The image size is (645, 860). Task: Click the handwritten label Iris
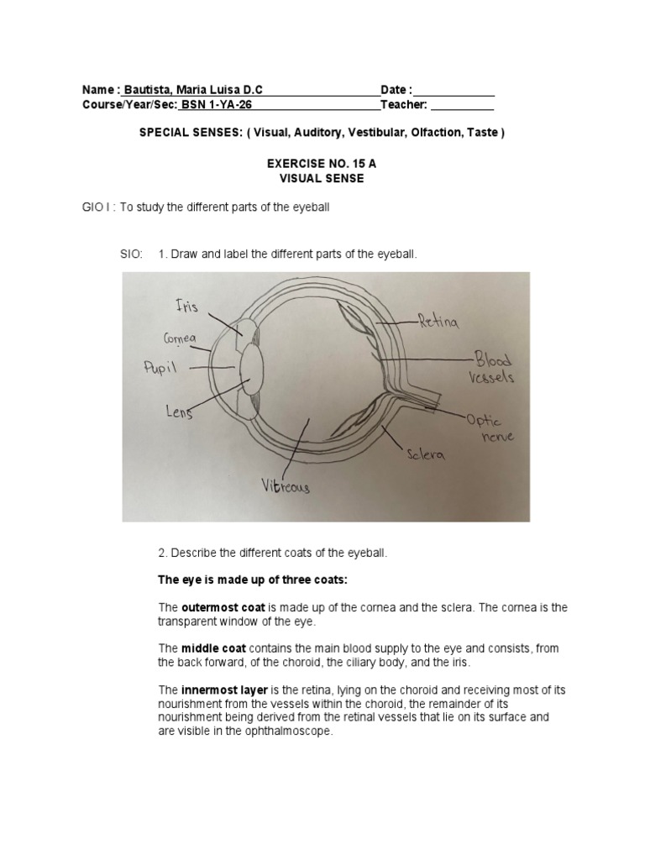point(186,307)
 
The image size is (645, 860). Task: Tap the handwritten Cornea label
point(179,338)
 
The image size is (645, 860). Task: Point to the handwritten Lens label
point(178,412)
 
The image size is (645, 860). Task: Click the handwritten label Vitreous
point(284,485)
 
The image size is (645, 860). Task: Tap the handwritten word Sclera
point(427,454)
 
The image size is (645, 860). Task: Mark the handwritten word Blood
point(492,360)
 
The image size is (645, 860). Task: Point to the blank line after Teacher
point(462,107)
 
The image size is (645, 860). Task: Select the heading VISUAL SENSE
point(322,179)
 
